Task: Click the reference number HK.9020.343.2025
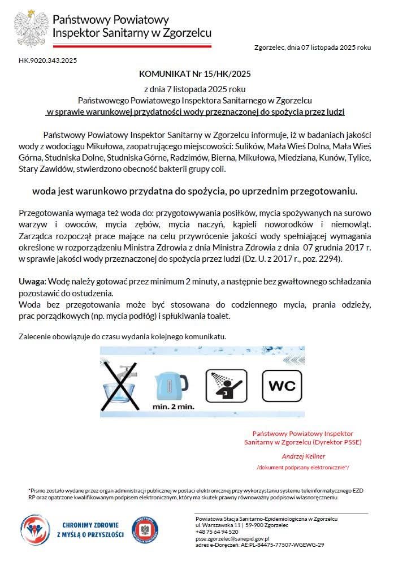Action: pyautogui.click(x=47, y=59)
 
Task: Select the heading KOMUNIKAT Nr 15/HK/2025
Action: pyautogui.click(x=195, y=74)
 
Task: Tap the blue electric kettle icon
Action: pyautogui.click(x=172, y=385)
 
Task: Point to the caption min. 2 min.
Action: pyautogui.click(x=173, y=406)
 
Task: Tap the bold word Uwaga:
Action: pyautogui.click(x=33, y=281)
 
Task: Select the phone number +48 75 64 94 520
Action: pyautogui.click(x=217, y=532)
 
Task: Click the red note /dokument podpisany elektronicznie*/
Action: pyautogui.click(x=303, y=468)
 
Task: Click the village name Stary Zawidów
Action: pyautogui.click(x=44, y=169)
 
